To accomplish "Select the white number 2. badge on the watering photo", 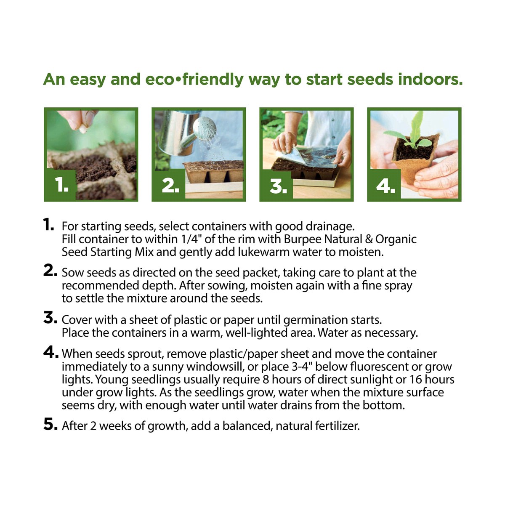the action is [170, 186].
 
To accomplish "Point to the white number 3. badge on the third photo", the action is [278, 186].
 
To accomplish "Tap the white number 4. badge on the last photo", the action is [385, 186].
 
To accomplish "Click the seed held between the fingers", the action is [83, 129].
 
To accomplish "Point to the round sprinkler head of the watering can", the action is [205, 128].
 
